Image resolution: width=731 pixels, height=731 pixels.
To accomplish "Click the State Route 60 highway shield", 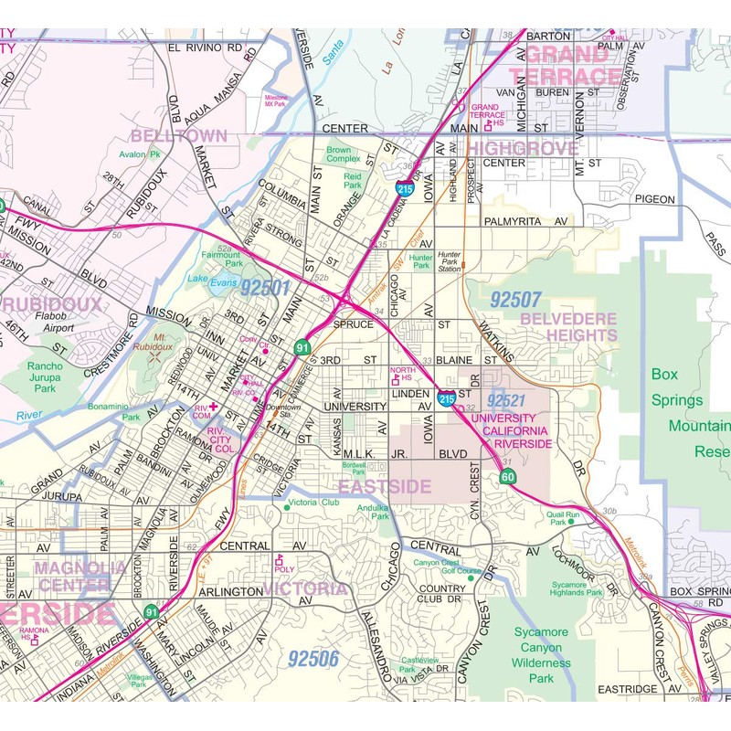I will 508,477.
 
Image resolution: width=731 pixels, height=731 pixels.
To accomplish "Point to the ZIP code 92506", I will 313,657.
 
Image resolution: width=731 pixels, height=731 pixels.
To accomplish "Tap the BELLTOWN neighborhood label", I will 179,136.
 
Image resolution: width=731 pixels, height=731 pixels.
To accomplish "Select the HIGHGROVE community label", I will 527,148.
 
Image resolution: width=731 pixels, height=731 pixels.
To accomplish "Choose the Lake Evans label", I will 211,281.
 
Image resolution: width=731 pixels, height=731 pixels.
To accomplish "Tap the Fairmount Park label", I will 220,260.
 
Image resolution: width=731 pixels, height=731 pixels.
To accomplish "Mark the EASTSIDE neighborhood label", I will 384,487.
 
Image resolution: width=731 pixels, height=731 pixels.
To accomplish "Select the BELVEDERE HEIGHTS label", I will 568,327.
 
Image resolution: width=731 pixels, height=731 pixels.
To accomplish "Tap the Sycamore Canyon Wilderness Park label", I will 540,655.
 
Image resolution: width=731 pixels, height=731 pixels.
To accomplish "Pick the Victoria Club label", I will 313,503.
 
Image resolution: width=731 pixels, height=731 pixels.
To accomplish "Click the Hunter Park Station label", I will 449,263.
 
